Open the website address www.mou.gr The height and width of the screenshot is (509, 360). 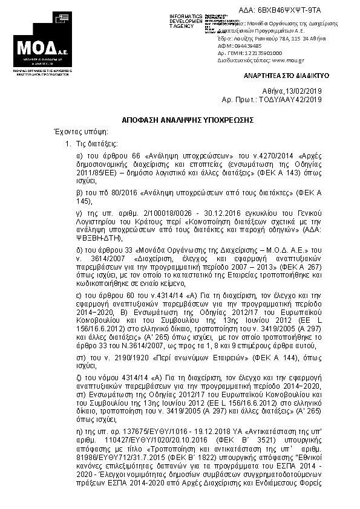279,60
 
